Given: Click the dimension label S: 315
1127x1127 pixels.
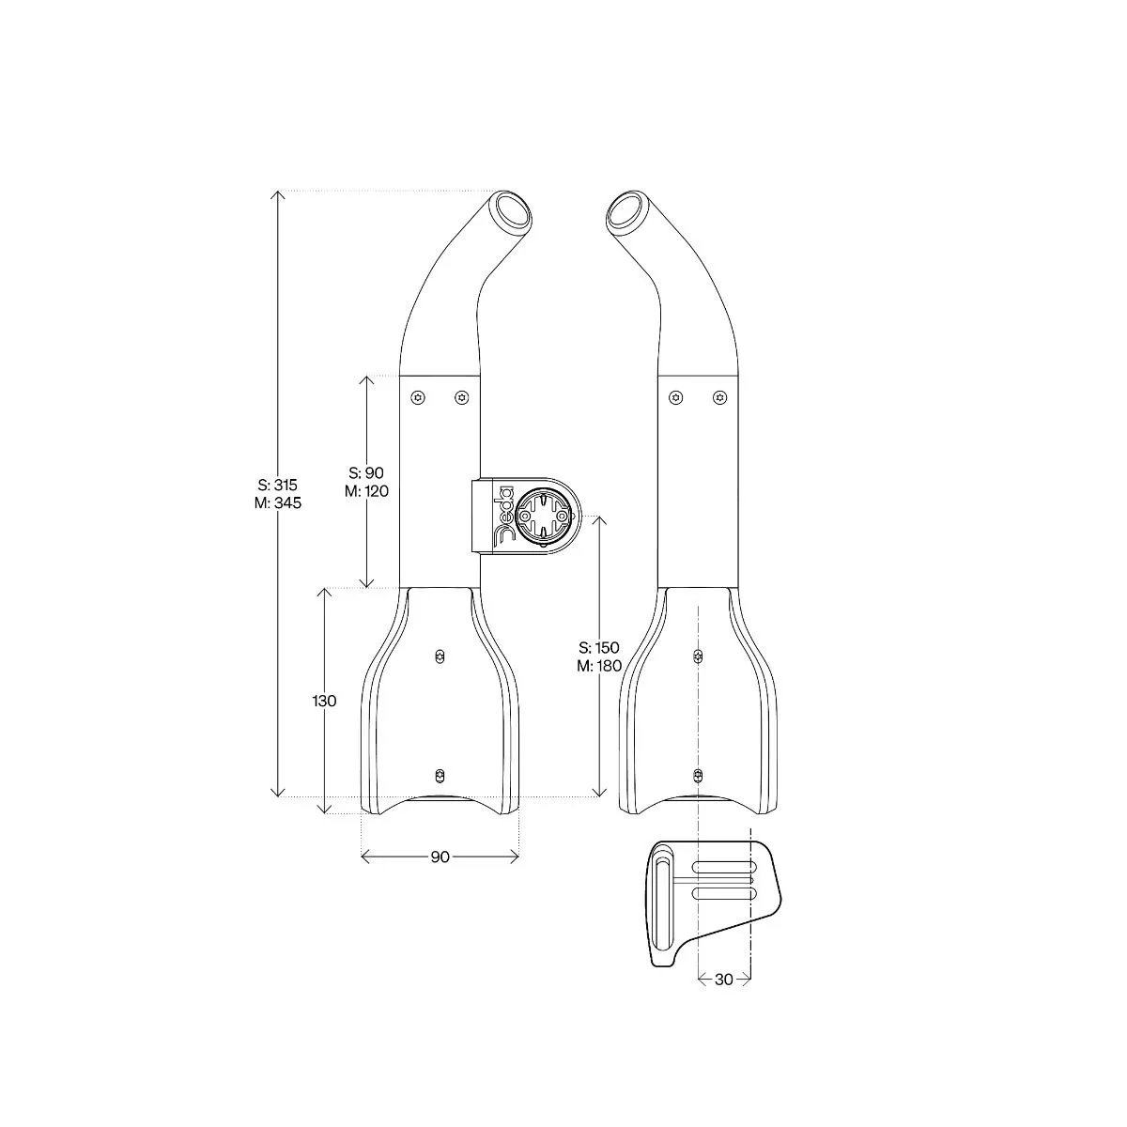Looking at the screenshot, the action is pos(278,485).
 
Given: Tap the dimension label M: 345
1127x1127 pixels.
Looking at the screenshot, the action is pos(278,503).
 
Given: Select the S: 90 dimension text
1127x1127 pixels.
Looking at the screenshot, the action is pos(366,472).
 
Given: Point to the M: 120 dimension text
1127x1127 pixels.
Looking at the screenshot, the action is pos(366,491).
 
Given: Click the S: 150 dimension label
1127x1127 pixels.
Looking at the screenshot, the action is pos(599,647).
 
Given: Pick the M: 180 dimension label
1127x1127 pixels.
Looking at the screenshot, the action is pos(599,666).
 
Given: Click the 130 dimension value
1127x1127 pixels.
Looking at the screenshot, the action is pos(324,701).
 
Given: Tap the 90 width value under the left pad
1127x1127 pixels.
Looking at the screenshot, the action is pos(440,857).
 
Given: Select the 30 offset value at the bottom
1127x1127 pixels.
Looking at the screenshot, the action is pos(723,980).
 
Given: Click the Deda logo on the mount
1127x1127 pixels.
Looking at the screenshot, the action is pos(502,516).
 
